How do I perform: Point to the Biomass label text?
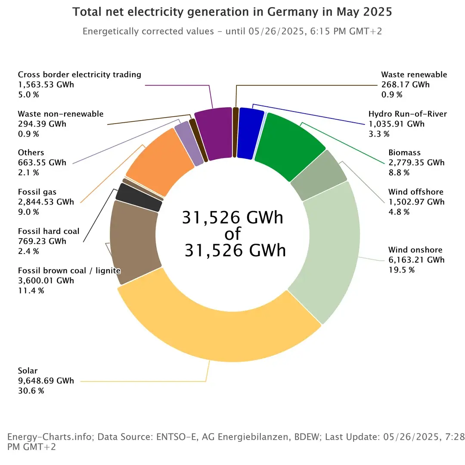pos(404,152)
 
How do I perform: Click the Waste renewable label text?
pos(414,74)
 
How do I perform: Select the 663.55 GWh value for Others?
pos(42,162)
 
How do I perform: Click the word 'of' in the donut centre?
pos(233,234)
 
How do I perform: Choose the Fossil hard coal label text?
pos(49,231)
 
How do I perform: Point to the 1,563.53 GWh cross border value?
pos(46,84)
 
